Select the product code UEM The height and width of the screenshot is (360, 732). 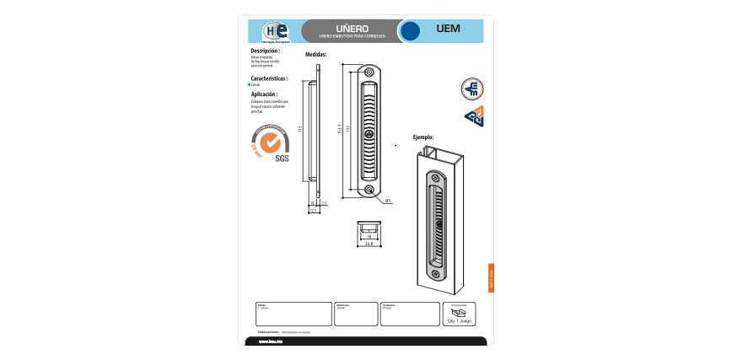pos(449,29)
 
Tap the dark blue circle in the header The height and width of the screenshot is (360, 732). pos(410,31)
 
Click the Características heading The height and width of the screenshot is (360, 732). pos(269,78)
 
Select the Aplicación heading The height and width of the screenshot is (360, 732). pos(264,94)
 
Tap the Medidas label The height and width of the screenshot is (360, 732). pos(315,55)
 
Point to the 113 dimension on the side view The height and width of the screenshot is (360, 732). pos(300,128)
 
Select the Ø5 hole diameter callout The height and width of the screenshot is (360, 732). pos(388,201)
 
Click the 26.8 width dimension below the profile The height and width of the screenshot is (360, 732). pos(369,244)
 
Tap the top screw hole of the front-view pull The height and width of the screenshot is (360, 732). pos(370,73)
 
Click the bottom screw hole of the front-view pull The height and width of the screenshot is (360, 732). pos(370,190)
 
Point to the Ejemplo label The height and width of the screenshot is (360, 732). pos(423,136)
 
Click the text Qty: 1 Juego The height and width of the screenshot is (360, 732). pos(460,322)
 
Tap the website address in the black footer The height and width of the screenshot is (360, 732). pos(270,342)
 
